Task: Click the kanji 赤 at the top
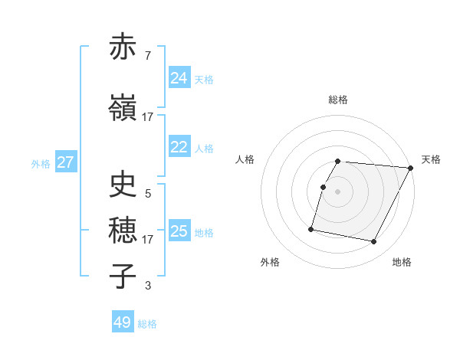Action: [x=123, y=47]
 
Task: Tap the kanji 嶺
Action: [x=123, y=108]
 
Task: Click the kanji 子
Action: [x=123, y=277]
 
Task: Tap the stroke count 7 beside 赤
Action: [x=147, y=56]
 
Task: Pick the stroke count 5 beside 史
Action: [x=147, y=194]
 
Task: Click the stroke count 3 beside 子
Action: [x=147, y=286]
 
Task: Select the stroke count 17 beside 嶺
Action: [x=147, y=117]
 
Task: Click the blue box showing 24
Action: [x=179, y=78]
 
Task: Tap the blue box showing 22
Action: [x=179, y=148]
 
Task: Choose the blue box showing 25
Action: [x=179, y=231]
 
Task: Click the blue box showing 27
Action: [x=65, y=162]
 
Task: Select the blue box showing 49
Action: [x=122, y=322]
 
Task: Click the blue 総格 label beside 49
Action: [x=147, y=324]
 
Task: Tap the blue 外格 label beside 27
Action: [x=41, y=164]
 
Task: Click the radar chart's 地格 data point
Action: [x=374, y=242]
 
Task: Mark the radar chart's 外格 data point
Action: [x=311, y=229]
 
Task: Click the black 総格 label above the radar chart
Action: [x=338, y=100]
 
